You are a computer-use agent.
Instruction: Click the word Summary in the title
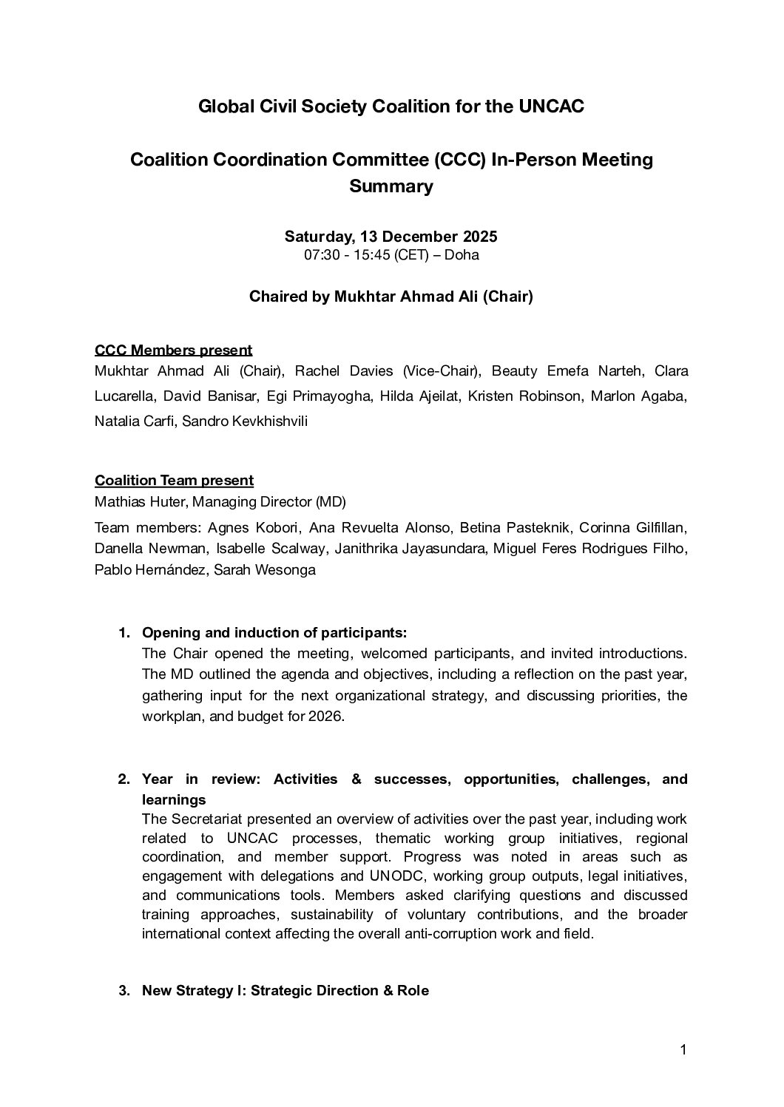point(391,186)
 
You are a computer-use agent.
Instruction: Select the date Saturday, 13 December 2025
point(391,237)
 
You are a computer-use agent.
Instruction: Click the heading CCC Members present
point(173,350)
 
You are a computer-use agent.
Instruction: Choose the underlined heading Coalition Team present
point(174,480)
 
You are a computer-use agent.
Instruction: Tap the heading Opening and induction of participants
point(274,633)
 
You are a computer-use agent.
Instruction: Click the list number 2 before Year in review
point(124,779)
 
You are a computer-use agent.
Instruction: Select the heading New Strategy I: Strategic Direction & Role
point(285,990)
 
